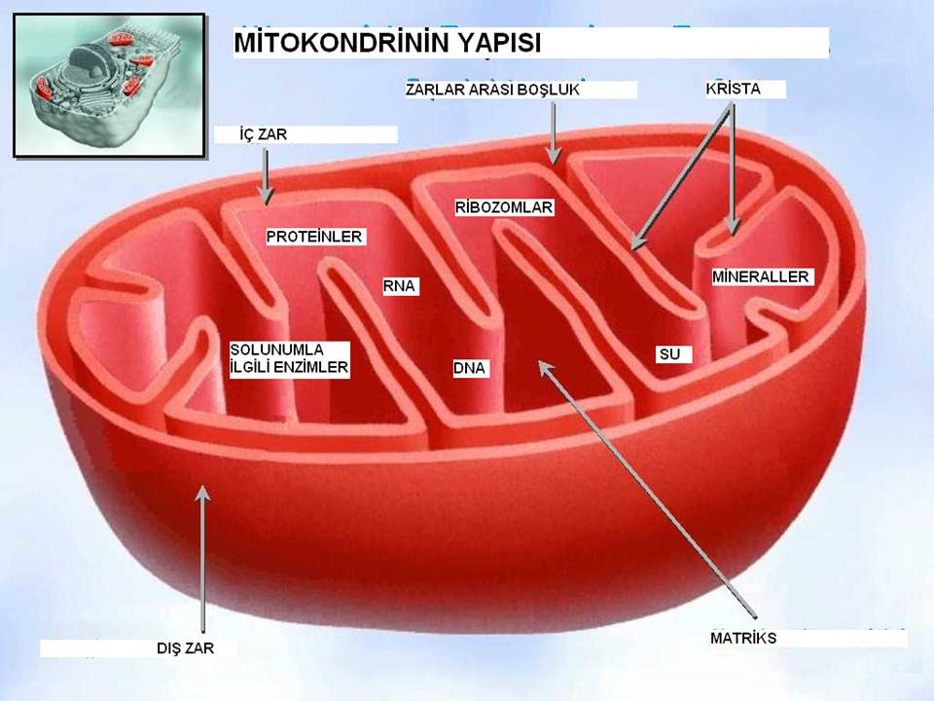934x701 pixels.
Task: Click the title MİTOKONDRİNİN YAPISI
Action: pos(387,43)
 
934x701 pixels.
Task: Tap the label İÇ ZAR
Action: pos(264,134)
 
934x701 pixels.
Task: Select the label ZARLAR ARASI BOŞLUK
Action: pos(492,90)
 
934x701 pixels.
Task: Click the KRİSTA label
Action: pos(734,89)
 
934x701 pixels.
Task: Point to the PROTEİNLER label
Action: pos(314,237)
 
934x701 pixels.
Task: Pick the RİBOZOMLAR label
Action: pos(504,207)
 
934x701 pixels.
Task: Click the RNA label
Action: pos(399,286)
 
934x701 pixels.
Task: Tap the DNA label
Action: pos(469,368)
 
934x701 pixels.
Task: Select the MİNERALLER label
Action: pos(761,277)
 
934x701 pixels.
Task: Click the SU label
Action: pos(669,354)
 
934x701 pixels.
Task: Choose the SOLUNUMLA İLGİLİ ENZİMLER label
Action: pos(289,358)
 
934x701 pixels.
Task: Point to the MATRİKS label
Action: pos(743,638)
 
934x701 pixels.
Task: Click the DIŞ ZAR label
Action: pos(185,648)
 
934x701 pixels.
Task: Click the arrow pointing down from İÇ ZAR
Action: pos(266,176)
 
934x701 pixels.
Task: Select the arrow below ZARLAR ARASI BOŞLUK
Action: pos(554,133)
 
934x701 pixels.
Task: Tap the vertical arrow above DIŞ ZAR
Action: pos(203,559)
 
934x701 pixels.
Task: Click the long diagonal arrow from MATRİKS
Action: pos(648,490)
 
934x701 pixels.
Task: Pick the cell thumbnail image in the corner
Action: pos(110,86)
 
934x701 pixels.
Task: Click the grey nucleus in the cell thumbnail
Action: pos(90,64)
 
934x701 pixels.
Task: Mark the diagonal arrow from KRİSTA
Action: pos(681,177)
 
